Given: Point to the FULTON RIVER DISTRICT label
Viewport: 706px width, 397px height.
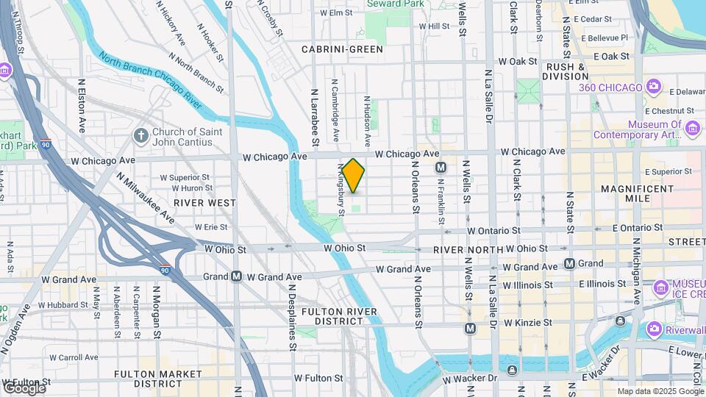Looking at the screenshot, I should point(339,317).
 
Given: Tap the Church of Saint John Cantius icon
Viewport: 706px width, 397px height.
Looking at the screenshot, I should point(140,135).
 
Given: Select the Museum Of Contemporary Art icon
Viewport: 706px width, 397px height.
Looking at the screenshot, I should point(692,129).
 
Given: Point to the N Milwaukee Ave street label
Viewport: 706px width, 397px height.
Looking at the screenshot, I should point(146,198).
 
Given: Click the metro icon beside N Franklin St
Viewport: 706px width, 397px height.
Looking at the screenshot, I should point(441,167).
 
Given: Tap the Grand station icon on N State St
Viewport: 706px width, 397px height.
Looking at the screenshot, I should point(569,263).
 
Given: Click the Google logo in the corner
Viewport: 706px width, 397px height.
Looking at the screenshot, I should point(24,388).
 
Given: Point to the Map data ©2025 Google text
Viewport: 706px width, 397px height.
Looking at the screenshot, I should point(660,391).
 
